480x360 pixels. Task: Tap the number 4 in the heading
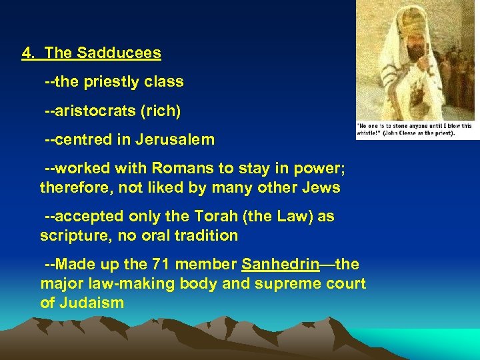27,52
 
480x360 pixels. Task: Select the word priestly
110,82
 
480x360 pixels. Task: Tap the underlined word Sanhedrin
281,265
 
